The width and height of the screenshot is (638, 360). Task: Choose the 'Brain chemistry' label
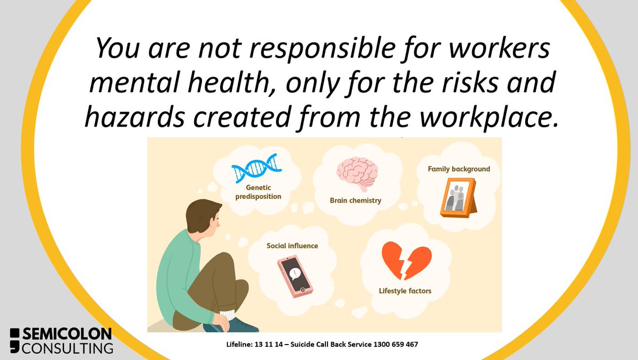[356, 201]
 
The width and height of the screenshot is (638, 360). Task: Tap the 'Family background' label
[459, 169]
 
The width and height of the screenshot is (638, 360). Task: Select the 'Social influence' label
[292, 246]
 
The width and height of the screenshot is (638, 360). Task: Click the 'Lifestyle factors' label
[405, 291]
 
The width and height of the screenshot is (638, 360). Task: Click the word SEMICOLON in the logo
[69, 334]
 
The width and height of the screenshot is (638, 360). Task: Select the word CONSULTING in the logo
[69, 348]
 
